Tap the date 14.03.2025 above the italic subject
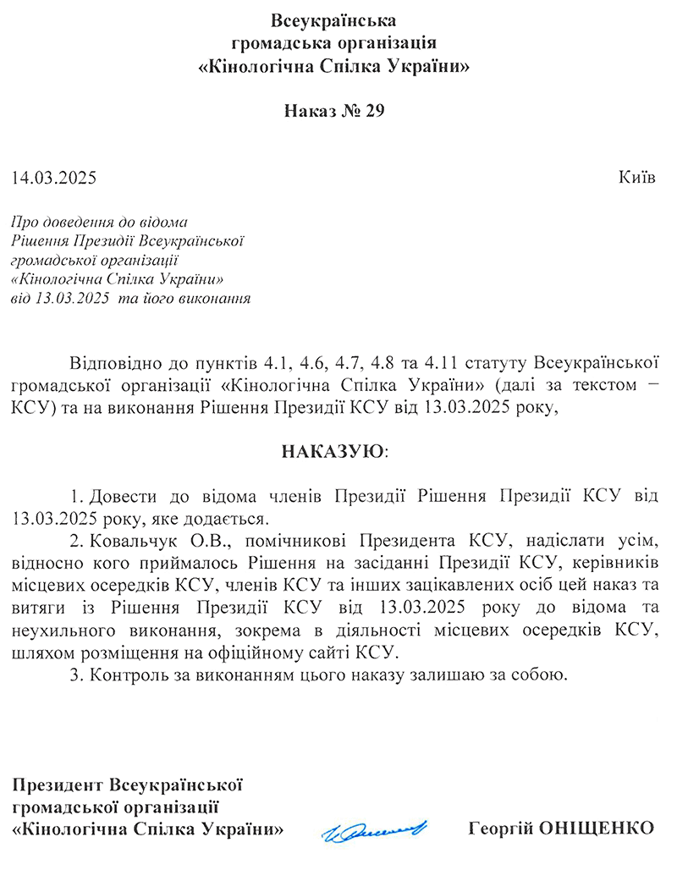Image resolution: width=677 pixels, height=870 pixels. tap(54, 179)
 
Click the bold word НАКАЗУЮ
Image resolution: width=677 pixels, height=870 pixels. tap(333, 450)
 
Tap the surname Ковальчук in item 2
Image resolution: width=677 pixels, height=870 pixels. tap(129, 539)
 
